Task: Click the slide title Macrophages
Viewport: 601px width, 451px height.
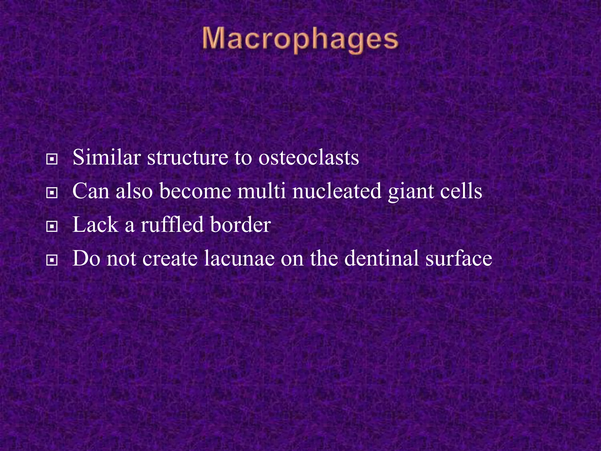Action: point(300,40)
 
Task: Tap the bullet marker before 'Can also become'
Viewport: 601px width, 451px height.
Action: point(52,193)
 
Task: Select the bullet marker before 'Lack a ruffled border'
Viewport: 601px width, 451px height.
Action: point(52,227)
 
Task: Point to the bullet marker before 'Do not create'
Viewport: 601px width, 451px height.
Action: point(52,260)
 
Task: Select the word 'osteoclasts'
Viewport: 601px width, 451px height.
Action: point(308,158)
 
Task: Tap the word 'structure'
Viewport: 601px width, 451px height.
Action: point(188,158)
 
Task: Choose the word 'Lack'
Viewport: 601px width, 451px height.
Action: point(95,225)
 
